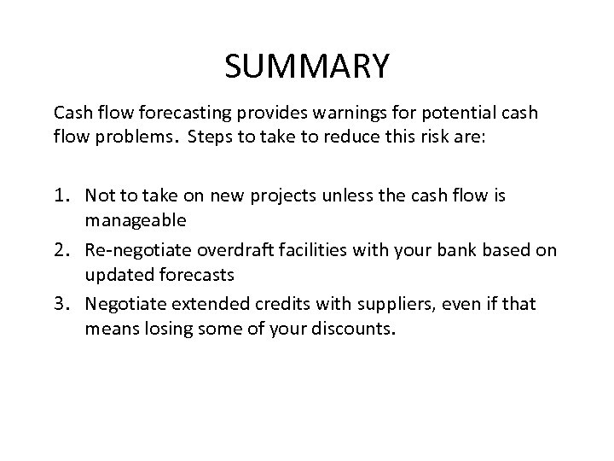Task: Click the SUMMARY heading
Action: (x=307, y=65)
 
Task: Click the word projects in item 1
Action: (x=261, y=196)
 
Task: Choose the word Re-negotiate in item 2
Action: (x=130, y=249)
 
